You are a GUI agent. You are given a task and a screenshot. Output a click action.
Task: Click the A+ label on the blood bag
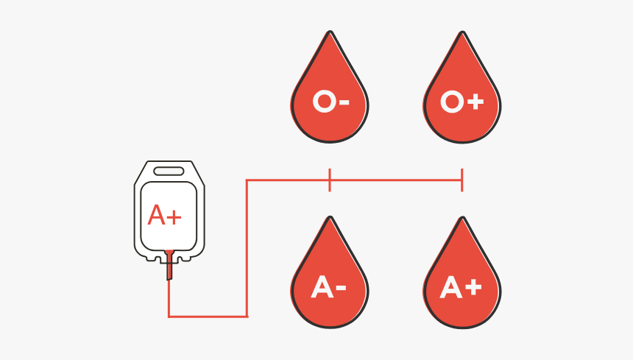tap(165, 215)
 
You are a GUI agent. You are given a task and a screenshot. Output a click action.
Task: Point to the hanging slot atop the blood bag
tap(169, 171)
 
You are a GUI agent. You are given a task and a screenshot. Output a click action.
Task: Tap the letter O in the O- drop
tap(323, 102)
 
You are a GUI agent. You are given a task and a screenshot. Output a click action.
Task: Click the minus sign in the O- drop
tap(343, 102)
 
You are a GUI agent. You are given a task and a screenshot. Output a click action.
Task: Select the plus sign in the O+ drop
tap(475, 102)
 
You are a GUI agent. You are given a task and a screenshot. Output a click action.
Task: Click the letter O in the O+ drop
tap(451, 102)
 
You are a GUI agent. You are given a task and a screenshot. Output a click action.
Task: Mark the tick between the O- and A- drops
tap(330, 180)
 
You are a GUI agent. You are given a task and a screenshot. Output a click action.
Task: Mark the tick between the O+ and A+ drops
tap(462, 180)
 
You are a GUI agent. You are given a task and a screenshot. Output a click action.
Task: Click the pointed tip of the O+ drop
tap(462, 33)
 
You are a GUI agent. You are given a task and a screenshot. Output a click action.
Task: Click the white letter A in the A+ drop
tap(451, 288)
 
